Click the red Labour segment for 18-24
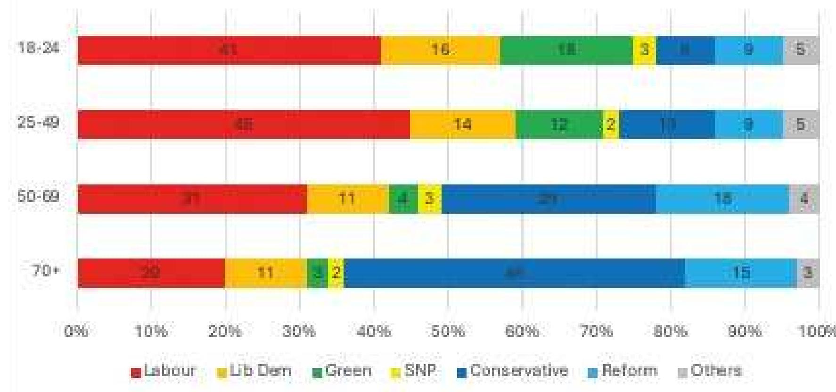coord(229,50)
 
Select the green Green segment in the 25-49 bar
coord(559,125)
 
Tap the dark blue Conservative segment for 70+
coord(514,273)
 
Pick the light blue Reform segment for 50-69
coord(722,199)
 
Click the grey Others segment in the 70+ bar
coord(808,273)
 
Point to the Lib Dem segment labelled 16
coord(440,50)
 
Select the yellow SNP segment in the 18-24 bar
coord(644,50)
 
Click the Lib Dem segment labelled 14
coord(462,125)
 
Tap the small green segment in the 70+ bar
coord(317,273)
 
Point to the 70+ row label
coord(45,271)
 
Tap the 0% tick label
coord(76,331)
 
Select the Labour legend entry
coord(164,371)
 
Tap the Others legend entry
coord(710,371)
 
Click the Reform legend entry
coord(623,371)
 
